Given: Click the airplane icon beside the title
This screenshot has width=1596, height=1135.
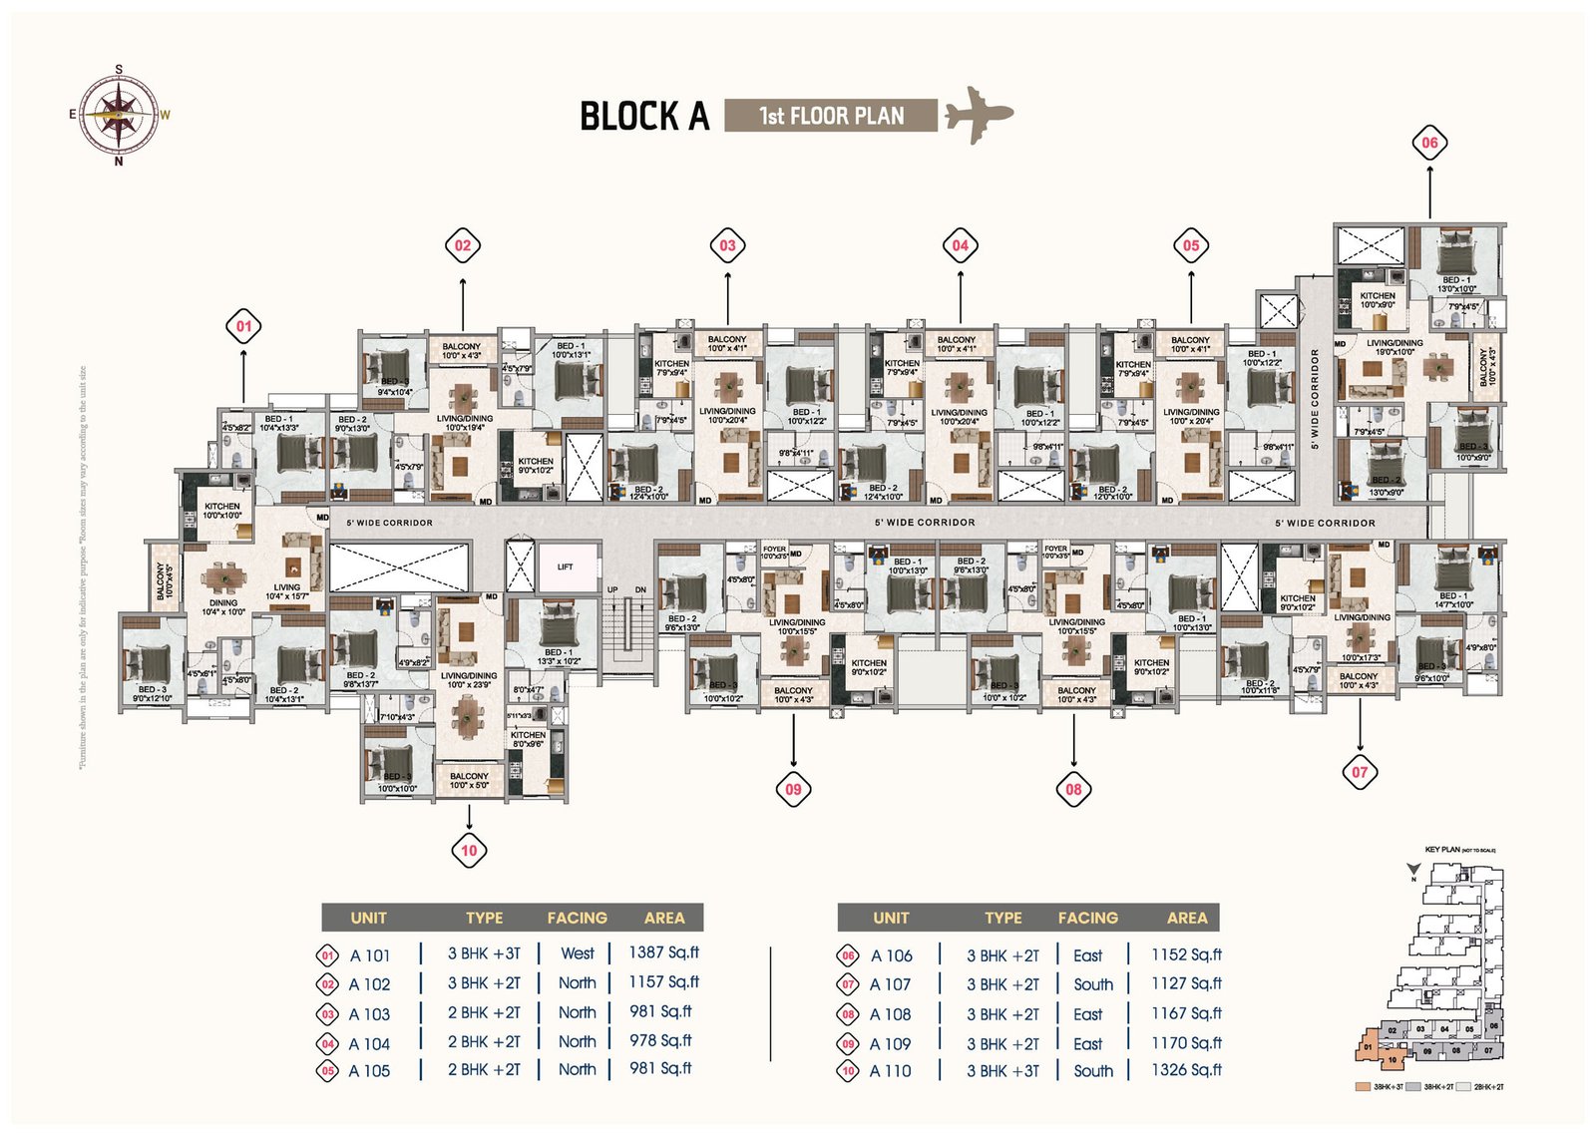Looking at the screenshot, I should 978,115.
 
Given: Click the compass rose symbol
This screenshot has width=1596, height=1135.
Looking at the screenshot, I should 119,114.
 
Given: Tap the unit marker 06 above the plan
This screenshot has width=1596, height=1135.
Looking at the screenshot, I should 1429,143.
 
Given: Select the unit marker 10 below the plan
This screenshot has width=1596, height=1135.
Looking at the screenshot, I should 469,851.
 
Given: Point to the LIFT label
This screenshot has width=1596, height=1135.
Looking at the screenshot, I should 566,567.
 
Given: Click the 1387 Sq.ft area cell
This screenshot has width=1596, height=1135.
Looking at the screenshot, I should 663,952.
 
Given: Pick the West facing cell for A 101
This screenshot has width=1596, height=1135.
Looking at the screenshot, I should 577,953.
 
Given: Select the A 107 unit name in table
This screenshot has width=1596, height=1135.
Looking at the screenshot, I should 890,984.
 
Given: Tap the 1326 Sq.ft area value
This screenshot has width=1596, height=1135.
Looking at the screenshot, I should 1186,1070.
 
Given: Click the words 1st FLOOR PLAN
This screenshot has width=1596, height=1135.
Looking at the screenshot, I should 831,116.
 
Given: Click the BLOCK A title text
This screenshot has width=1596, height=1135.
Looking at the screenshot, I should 644,117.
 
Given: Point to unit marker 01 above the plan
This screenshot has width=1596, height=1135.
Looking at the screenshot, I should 243,326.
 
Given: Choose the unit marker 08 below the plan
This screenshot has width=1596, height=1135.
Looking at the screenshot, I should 1073,789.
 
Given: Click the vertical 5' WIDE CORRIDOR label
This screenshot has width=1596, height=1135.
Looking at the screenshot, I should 1315,399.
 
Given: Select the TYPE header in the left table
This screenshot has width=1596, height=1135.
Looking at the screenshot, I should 484,918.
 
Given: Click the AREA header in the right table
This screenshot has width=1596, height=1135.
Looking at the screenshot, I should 1186,918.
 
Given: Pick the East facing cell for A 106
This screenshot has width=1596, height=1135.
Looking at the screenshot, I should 1087,955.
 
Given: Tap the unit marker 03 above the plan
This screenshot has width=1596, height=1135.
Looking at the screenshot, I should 727,245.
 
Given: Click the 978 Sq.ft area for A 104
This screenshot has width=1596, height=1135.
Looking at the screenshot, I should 660,1041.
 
